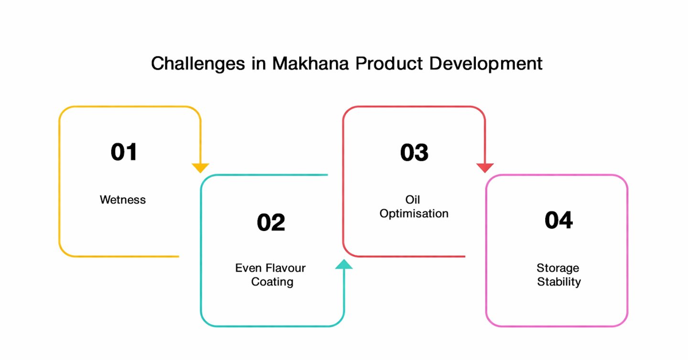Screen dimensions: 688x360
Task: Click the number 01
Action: click(123, 152)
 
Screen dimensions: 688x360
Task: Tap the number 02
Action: click(271, 222)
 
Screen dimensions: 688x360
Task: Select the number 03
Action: click(414, 152)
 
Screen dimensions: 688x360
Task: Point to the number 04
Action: click(559, 220)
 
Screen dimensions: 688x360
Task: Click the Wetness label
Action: click(123, 200)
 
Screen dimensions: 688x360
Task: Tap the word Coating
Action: click(272, 282)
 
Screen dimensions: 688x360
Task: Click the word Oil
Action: click(412, 200)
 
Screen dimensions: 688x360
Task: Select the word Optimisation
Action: click(414, 214)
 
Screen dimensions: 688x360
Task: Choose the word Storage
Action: click(558, 268)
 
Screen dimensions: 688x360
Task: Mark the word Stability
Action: click(559, 282)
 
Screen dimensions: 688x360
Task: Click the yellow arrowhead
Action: click(200, 168)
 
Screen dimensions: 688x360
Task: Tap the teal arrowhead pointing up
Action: click(344, 264)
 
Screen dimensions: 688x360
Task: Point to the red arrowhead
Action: click(485, 168)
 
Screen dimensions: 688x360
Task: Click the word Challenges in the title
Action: click(198, 64)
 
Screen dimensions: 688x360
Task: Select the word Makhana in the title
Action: click(311, 64)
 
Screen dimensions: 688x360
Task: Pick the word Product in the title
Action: click(389, 64)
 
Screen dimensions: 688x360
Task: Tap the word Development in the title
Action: click(485, 64)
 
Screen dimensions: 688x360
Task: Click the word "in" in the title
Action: click(258, 64)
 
